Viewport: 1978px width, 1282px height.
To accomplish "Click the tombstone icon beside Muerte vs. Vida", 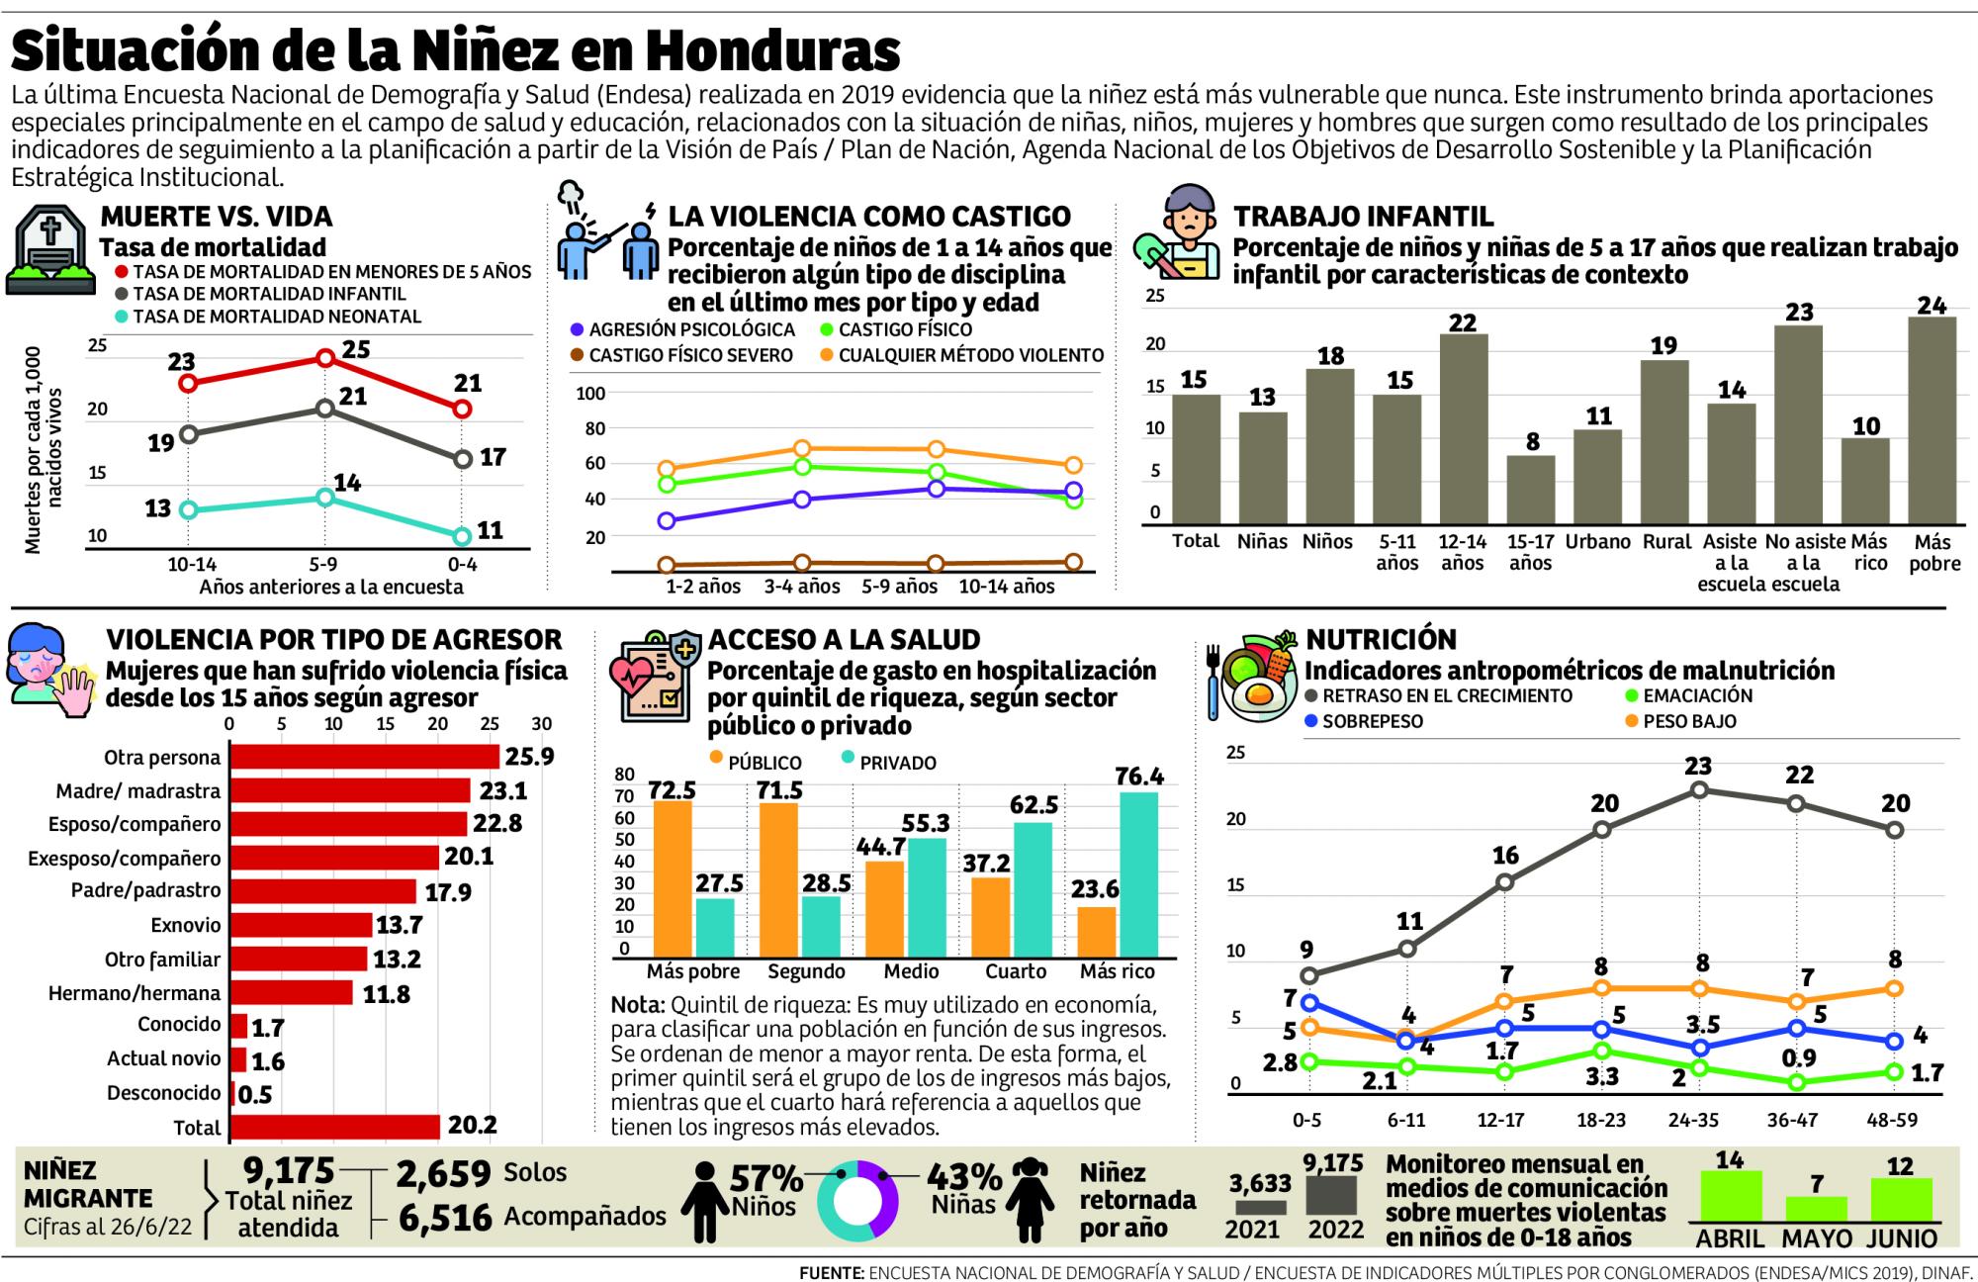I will pos(49,252).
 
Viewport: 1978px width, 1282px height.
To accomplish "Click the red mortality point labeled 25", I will pos(325,358).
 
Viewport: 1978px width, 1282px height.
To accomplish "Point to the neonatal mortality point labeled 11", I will pos(462,536).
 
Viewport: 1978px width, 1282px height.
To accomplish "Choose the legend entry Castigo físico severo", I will pos(690,355).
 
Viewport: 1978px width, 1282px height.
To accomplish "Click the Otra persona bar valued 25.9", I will pos(364,757).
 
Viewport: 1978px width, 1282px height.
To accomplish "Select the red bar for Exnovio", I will pos(301,925).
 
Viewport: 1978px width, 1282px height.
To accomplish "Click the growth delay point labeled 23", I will pos(1698,790).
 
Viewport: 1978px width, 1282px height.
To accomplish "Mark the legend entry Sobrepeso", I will pos(1372,721).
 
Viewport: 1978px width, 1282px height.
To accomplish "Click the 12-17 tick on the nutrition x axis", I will pos(1500,1121).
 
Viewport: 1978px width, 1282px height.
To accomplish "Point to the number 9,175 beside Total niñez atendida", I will pos(289,1171).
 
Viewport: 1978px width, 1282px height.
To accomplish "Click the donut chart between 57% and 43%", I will pos(857,1201).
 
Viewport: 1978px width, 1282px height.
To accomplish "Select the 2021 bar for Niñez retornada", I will pos(1260,1207).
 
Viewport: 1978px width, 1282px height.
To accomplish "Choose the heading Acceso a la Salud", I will pos(844,639).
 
